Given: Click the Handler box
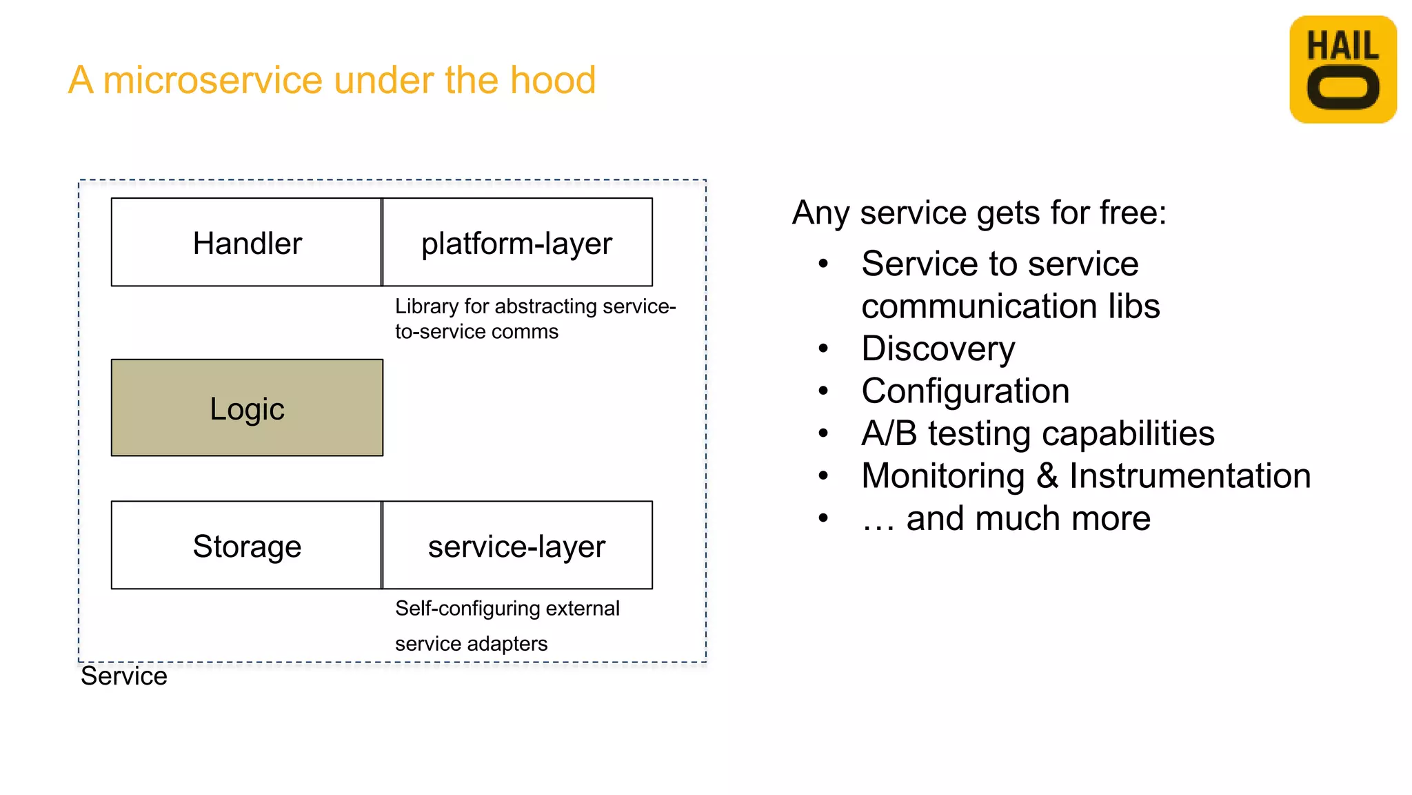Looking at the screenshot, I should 247,243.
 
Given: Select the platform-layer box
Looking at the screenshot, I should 517,243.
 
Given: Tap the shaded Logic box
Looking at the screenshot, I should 247,408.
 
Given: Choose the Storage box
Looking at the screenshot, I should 247,546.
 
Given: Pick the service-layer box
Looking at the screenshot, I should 517,546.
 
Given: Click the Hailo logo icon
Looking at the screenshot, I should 1342,70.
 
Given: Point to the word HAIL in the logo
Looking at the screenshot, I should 1342,46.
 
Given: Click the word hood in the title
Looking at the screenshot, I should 552,80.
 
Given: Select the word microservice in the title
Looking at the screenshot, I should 213,80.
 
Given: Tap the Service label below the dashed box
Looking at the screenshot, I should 124,676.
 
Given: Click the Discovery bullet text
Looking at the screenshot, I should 938,349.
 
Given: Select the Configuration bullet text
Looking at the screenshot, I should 965,391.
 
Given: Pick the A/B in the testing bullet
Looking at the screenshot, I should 889,433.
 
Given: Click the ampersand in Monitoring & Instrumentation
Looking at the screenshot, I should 1047,476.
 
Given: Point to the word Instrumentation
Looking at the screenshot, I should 1189,476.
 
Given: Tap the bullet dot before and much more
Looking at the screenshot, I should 823,518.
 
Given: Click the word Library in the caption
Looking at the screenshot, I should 427,306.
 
